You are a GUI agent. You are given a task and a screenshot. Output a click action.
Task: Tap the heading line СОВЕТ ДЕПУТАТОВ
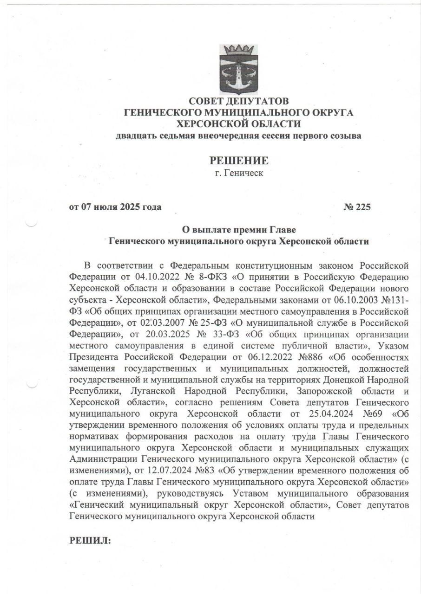[238, 101]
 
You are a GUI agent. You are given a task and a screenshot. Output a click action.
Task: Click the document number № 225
[357, 207]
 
